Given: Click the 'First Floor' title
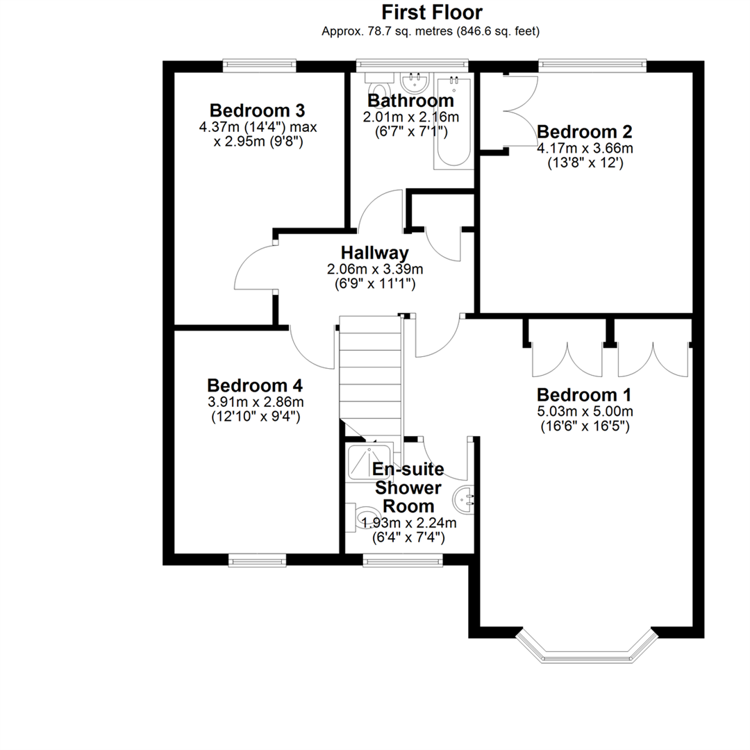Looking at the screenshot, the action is (x=432, y=12).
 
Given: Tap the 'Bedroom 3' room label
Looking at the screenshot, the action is (x=258, y=110).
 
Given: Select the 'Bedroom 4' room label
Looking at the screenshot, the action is (x=255, y=385).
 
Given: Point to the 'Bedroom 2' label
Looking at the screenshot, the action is (x=585, y=131).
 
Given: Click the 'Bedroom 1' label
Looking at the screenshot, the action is (x=584, y=394).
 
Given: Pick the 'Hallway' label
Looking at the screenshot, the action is (x=374, y=253).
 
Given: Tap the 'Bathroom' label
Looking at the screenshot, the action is (x=410, y=101).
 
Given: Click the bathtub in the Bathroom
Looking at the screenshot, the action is (x=453, y=122).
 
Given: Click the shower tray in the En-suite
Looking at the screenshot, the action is (x=369, y=462).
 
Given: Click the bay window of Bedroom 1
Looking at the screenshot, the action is (x=587, y=647).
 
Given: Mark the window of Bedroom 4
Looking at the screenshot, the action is (x=257, y=560).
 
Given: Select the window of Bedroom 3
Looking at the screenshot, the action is (x=259, y=65).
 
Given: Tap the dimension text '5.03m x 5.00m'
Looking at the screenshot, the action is (x=585, y=411).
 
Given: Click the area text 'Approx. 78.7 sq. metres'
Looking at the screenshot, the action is (x=387, y=31).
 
